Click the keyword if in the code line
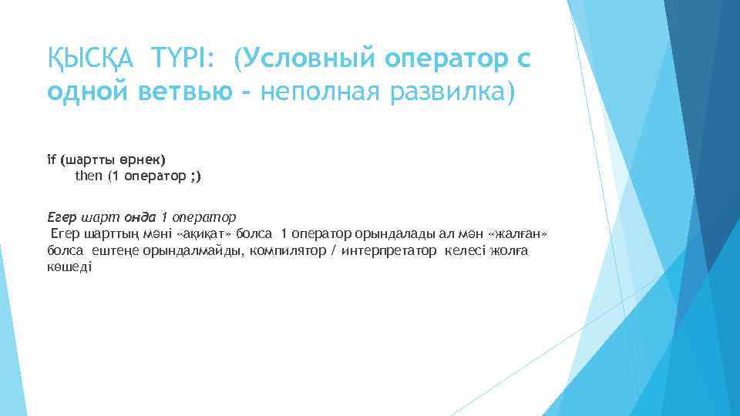[51, 160]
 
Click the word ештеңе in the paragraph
[115, 251]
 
